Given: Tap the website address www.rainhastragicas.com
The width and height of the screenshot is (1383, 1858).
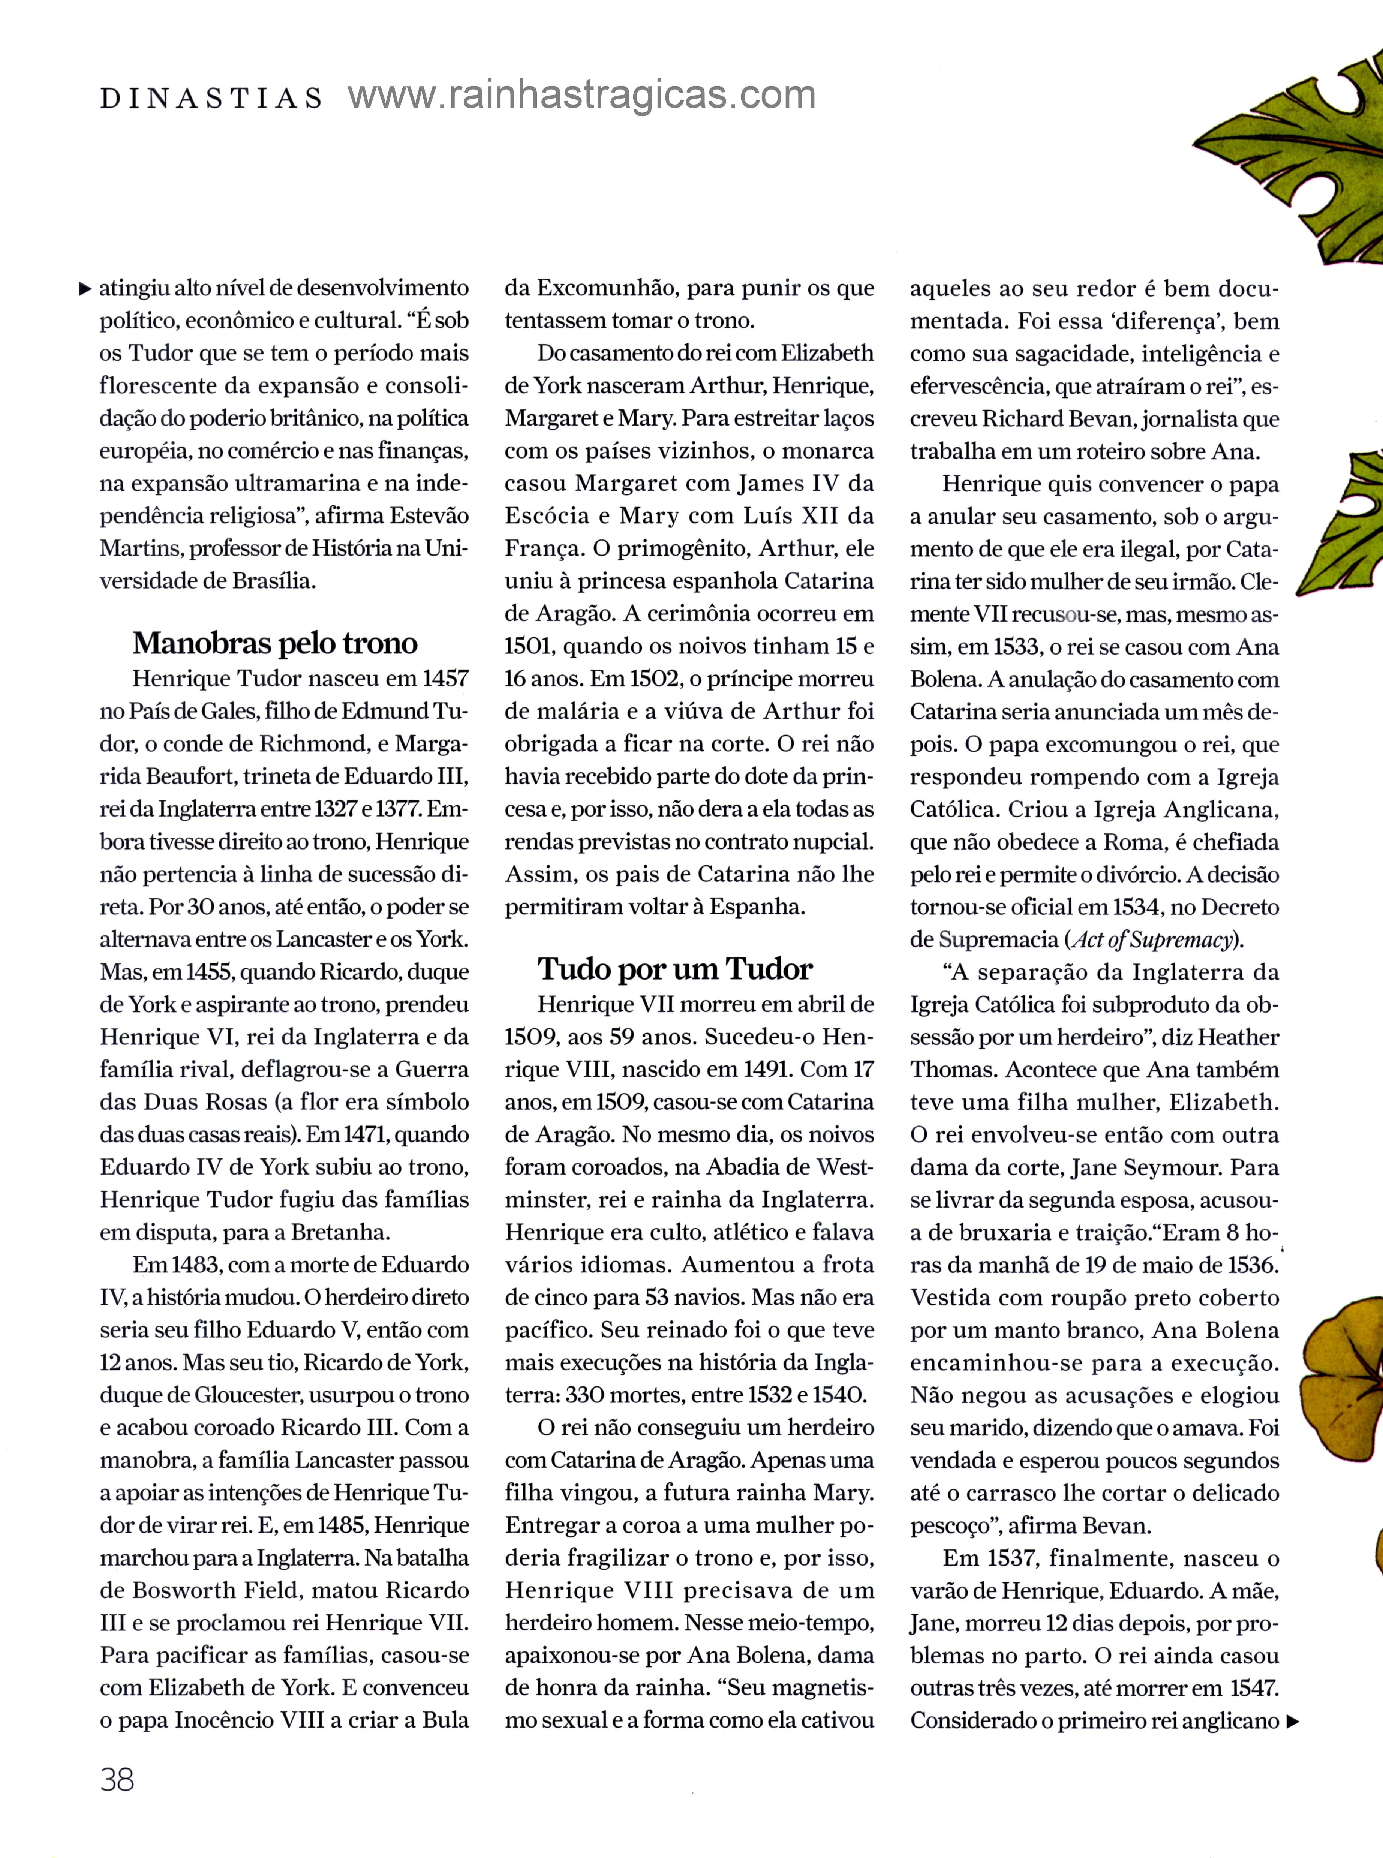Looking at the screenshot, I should click(582, 95).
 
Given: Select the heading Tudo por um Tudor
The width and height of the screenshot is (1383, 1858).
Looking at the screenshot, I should click(675, 969).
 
